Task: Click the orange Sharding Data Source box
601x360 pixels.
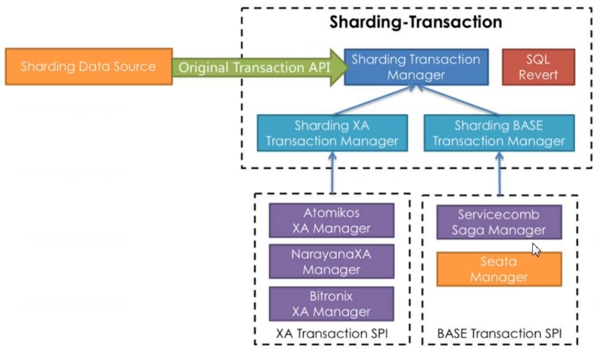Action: pos(89,67)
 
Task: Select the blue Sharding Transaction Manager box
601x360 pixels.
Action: pos(416,67)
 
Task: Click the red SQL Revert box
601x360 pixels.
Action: pos(538,67)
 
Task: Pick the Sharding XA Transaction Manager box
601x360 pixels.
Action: pos(332,133)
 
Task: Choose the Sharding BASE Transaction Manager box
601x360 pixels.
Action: pos(498,133)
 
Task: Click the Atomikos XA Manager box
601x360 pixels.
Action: pos(331,220)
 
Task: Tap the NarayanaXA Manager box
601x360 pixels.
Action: pos(331,262)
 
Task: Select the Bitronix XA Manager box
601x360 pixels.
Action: pos(331,303)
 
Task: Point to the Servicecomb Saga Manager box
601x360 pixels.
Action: pos(498,222)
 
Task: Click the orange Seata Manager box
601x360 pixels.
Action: pos(498,269)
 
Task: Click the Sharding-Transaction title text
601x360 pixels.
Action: pos(416,22)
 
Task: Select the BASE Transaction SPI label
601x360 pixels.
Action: pos(499,334)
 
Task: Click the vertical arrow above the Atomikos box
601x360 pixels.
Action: pos(332,173)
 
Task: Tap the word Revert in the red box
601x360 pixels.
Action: pos(538,75)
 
